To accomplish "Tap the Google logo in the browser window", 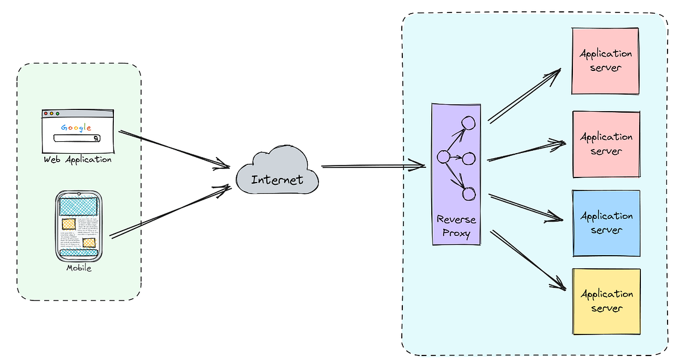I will click(x=76, y=128).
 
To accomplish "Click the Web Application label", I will click(x=78, y=159).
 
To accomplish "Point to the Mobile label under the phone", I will click(x=79, y=268).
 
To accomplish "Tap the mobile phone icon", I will click(x=79, y=226).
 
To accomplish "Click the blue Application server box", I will click(x=606, y=223).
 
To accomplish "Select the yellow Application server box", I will click(x=606, y=301).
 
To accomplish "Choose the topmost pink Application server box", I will click(x=606, y=61).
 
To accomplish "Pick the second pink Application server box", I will click(x=606, y=144).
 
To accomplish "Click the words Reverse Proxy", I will click(x=456, y=226).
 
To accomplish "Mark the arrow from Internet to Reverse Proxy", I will click(x=373, y=166).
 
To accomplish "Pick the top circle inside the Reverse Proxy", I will click(x=468, y=122).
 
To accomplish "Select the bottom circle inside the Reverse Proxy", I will click(x=468, y=194).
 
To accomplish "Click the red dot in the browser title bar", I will click(x=46, y=113).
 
